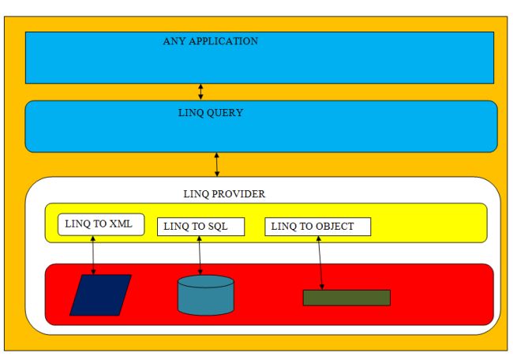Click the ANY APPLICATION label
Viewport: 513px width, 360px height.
[210, 41]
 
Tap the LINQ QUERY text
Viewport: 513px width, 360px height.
[210, 113]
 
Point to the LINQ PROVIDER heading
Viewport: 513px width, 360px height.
[224, 193]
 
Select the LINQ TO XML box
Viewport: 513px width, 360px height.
[101, 224]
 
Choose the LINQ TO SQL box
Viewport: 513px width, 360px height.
[200, 227]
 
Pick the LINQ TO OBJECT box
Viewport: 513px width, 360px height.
[317, 227]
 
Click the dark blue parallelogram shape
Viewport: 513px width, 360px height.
[100, 295]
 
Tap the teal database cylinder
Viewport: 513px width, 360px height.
[205, 295]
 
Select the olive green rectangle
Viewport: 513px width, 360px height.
[346, 298]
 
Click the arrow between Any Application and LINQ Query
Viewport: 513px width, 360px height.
[201, 92]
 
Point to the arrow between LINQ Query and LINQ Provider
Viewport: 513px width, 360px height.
[217, 164]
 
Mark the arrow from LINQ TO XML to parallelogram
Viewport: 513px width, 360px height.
[94, 254]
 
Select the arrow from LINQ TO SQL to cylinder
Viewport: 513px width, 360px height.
[200, 254]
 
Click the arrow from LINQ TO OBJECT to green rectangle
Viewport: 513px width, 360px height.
[320, 261]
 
